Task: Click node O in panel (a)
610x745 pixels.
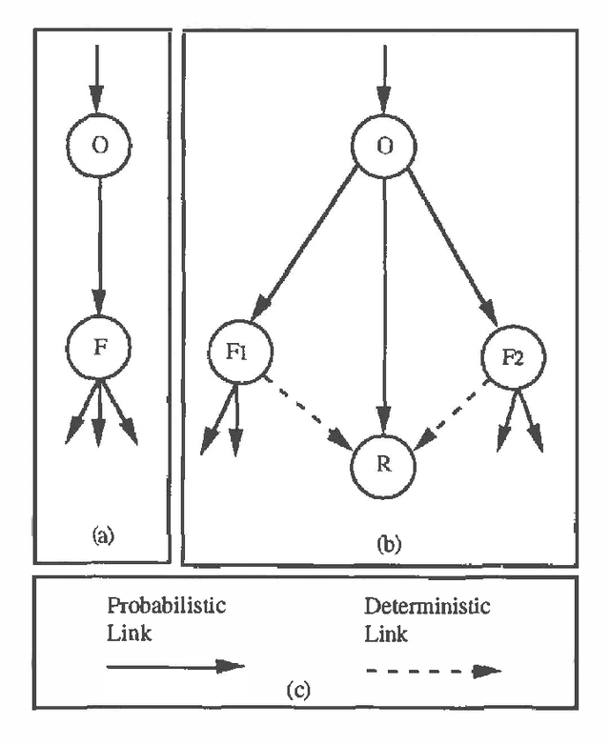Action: pyautogui.click(x=99, y=147)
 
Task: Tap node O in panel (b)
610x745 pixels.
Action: pyautogui.click(x=383, y=147)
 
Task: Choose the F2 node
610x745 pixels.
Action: pyautogui.click(x=513, y=359)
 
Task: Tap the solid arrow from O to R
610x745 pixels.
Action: pyautogui.click(x=383, y=305)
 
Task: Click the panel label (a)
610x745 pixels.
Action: pyautogui.click(x=102, y=536)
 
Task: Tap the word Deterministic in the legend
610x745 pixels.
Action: pyautogui.click(x=412, y=606)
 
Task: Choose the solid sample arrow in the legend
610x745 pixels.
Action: pyautogui.click(x=175, y=667)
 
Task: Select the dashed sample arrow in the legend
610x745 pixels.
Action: pyautogui.click(x=434, y=670)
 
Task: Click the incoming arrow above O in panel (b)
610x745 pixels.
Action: pyautogui.click(x=383, y=76)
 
